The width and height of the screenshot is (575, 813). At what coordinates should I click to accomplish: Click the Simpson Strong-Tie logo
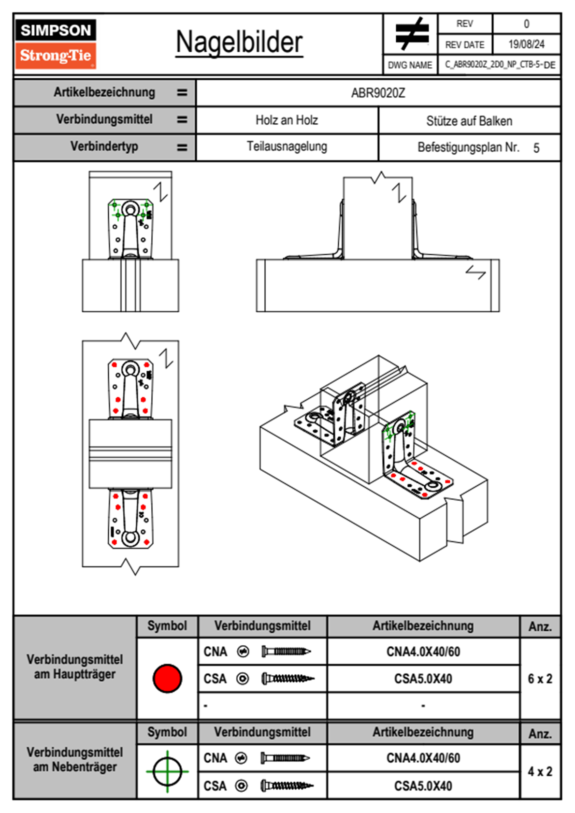pos(56,44)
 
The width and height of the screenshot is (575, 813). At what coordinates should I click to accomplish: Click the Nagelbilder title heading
pos(239,43)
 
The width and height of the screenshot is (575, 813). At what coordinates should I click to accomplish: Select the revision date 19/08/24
pos(526,44)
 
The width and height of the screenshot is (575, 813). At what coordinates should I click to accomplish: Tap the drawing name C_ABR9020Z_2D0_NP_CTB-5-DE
pos(500,65)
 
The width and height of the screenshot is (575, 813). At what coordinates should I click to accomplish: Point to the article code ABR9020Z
pos(378,93)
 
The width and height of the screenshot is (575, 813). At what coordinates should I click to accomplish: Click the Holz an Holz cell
pos(287,120)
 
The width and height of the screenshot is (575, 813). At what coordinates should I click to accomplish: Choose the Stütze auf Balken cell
pos(469,121)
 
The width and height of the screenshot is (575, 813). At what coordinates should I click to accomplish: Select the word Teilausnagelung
pos(287,146)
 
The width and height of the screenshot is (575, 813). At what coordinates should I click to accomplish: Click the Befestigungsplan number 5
pos(536,148)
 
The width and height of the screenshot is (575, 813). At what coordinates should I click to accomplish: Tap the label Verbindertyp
pos(104,146)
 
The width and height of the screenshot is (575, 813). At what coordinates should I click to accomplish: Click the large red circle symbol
pos(167,678)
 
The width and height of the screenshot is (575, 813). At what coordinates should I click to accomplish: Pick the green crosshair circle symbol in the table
pos(167,771)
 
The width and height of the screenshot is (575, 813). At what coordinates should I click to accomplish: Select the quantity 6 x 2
pos(540,679)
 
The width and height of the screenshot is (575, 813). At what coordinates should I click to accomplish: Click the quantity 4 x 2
pos(540,771)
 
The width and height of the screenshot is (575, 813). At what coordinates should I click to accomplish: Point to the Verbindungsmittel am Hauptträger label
pos(75,667)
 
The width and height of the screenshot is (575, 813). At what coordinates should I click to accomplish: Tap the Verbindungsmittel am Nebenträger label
pos(75,759)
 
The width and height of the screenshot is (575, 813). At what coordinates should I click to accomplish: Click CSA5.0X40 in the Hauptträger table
pos(423,679)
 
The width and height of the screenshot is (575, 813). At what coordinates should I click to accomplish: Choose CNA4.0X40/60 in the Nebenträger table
pos(423,758)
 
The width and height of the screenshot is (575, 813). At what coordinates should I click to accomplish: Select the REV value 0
pos(526,24)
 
